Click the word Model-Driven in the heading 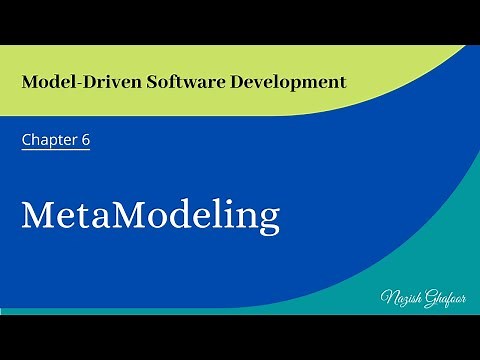(x=71, y=80)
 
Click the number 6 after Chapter (x=86, y=140)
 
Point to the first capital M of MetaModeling (x=38, y=215)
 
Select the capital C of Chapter (x=27, y=140)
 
